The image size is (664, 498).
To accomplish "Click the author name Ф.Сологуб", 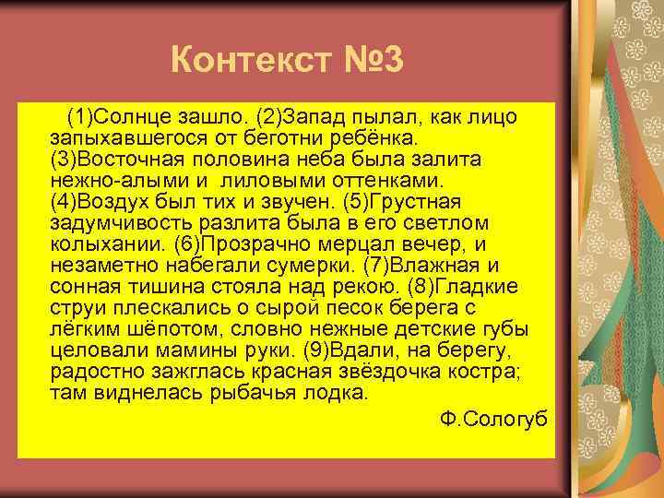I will (x=494, y=419).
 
